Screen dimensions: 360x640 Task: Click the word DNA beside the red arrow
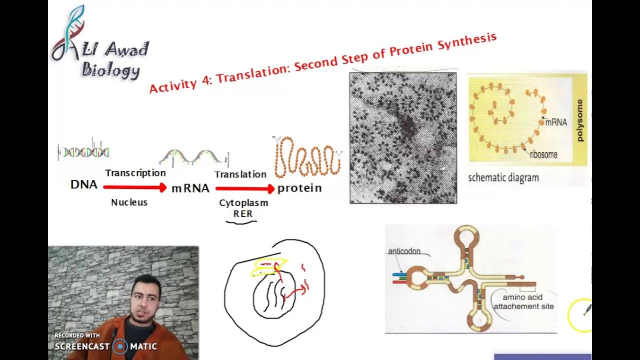[84, 184]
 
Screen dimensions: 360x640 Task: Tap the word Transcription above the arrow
[135, 173]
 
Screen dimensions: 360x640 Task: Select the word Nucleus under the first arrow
[129, 202]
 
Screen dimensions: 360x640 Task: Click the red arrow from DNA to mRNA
[134, 187]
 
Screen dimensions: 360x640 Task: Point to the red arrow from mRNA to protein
[245, 188]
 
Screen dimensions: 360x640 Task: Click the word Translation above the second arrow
[240, 174]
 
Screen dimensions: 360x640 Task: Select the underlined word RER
[243, 213]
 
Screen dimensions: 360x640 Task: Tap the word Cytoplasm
[243, 203]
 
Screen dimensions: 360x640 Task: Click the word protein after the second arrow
[299, 188]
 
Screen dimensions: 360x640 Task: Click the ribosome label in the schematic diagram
[543, 154]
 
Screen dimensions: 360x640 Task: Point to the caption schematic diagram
[503, 177]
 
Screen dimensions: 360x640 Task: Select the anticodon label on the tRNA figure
[404, 251]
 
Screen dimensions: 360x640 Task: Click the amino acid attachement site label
[523, 301]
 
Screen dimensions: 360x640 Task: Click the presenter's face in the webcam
[145, 303]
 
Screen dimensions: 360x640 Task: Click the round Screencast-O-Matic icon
[120, 346]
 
